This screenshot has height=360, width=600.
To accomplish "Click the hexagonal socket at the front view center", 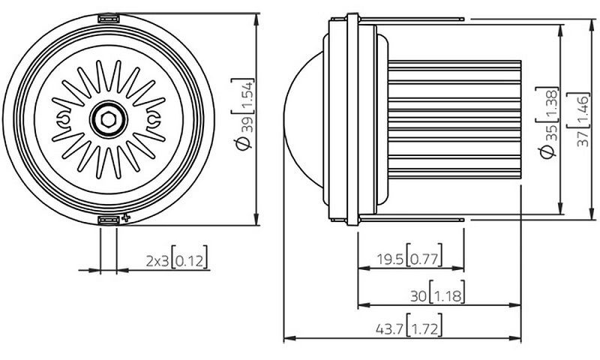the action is [109, 120].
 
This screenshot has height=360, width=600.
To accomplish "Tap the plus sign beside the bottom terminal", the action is [126, 218].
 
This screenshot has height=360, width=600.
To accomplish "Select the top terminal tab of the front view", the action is [108, 18].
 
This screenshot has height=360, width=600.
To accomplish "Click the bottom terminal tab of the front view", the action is [108, 220].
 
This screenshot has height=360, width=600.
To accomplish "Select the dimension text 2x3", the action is [157, 261].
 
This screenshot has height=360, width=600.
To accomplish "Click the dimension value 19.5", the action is [391, 259].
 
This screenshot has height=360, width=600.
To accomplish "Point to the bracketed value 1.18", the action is [447, 296].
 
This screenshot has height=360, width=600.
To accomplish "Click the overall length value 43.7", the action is [389, 329].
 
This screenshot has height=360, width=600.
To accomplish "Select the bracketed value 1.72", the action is [424, 329].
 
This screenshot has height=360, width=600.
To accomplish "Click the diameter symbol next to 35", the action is [548, 152].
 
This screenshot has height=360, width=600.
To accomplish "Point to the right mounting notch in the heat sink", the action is [153, 120].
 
